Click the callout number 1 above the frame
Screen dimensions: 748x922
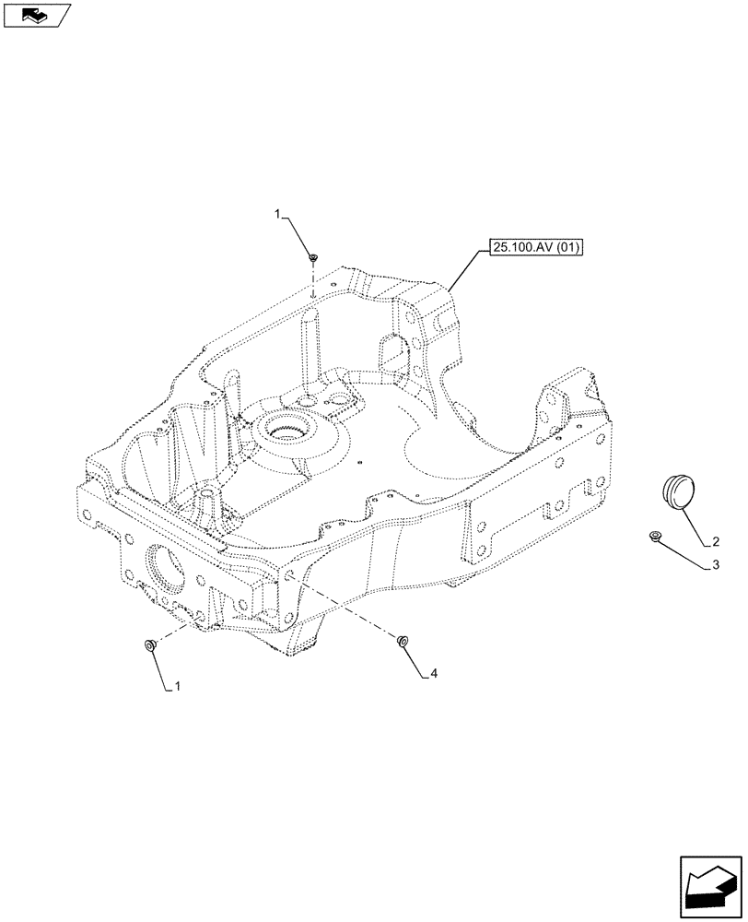coord(277,215)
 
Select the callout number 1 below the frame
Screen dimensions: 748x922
coord(179,687)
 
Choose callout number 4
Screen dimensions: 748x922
coord(433,674)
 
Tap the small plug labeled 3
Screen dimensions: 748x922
coord(654,535)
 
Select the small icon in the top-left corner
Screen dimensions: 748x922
coord(37,14)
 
